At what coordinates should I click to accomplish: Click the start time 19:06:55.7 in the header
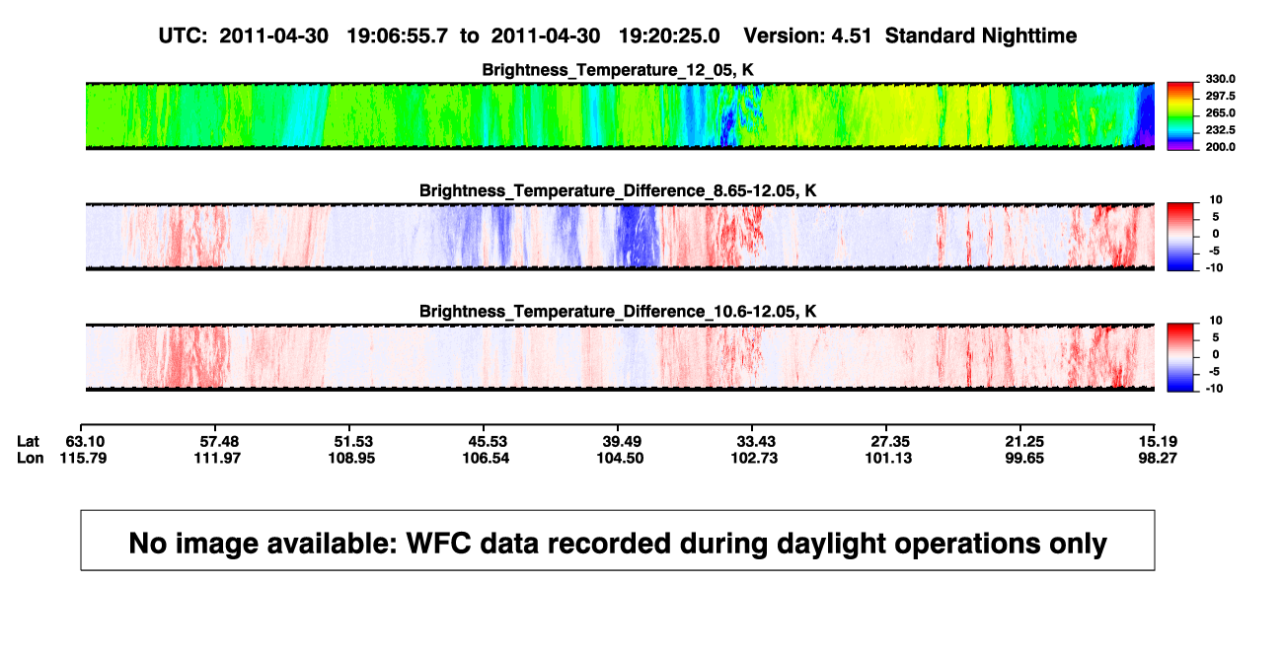pos(397,36)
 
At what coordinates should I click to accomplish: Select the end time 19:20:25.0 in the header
pos(669,36)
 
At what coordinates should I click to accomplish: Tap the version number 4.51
pos(851,36)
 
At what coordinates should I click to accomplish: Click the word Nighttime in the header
pos(1028,36)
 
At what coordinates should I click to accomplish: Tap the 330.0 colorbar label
pos(1220,79)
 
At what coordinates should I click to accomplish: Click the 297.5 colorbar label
pos(1220,96)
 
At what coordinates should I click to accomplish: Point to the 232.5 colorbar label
pos(1220,130)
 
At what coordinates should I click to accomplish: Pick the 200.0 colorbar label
pos(1220,147)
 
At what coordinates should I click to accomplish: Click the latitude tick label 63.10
pos(85,442)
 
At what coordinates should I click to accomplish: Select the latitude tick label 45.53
pos(488,442)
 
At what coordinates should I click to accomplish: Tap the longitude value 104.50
pos(620,458)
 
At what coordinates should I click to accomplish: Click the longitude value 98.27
pos(1158,458)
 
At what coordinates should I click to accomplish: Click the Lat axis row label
pos(28,442)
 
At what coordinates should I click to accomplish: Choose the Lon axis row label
pos(30,458)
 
